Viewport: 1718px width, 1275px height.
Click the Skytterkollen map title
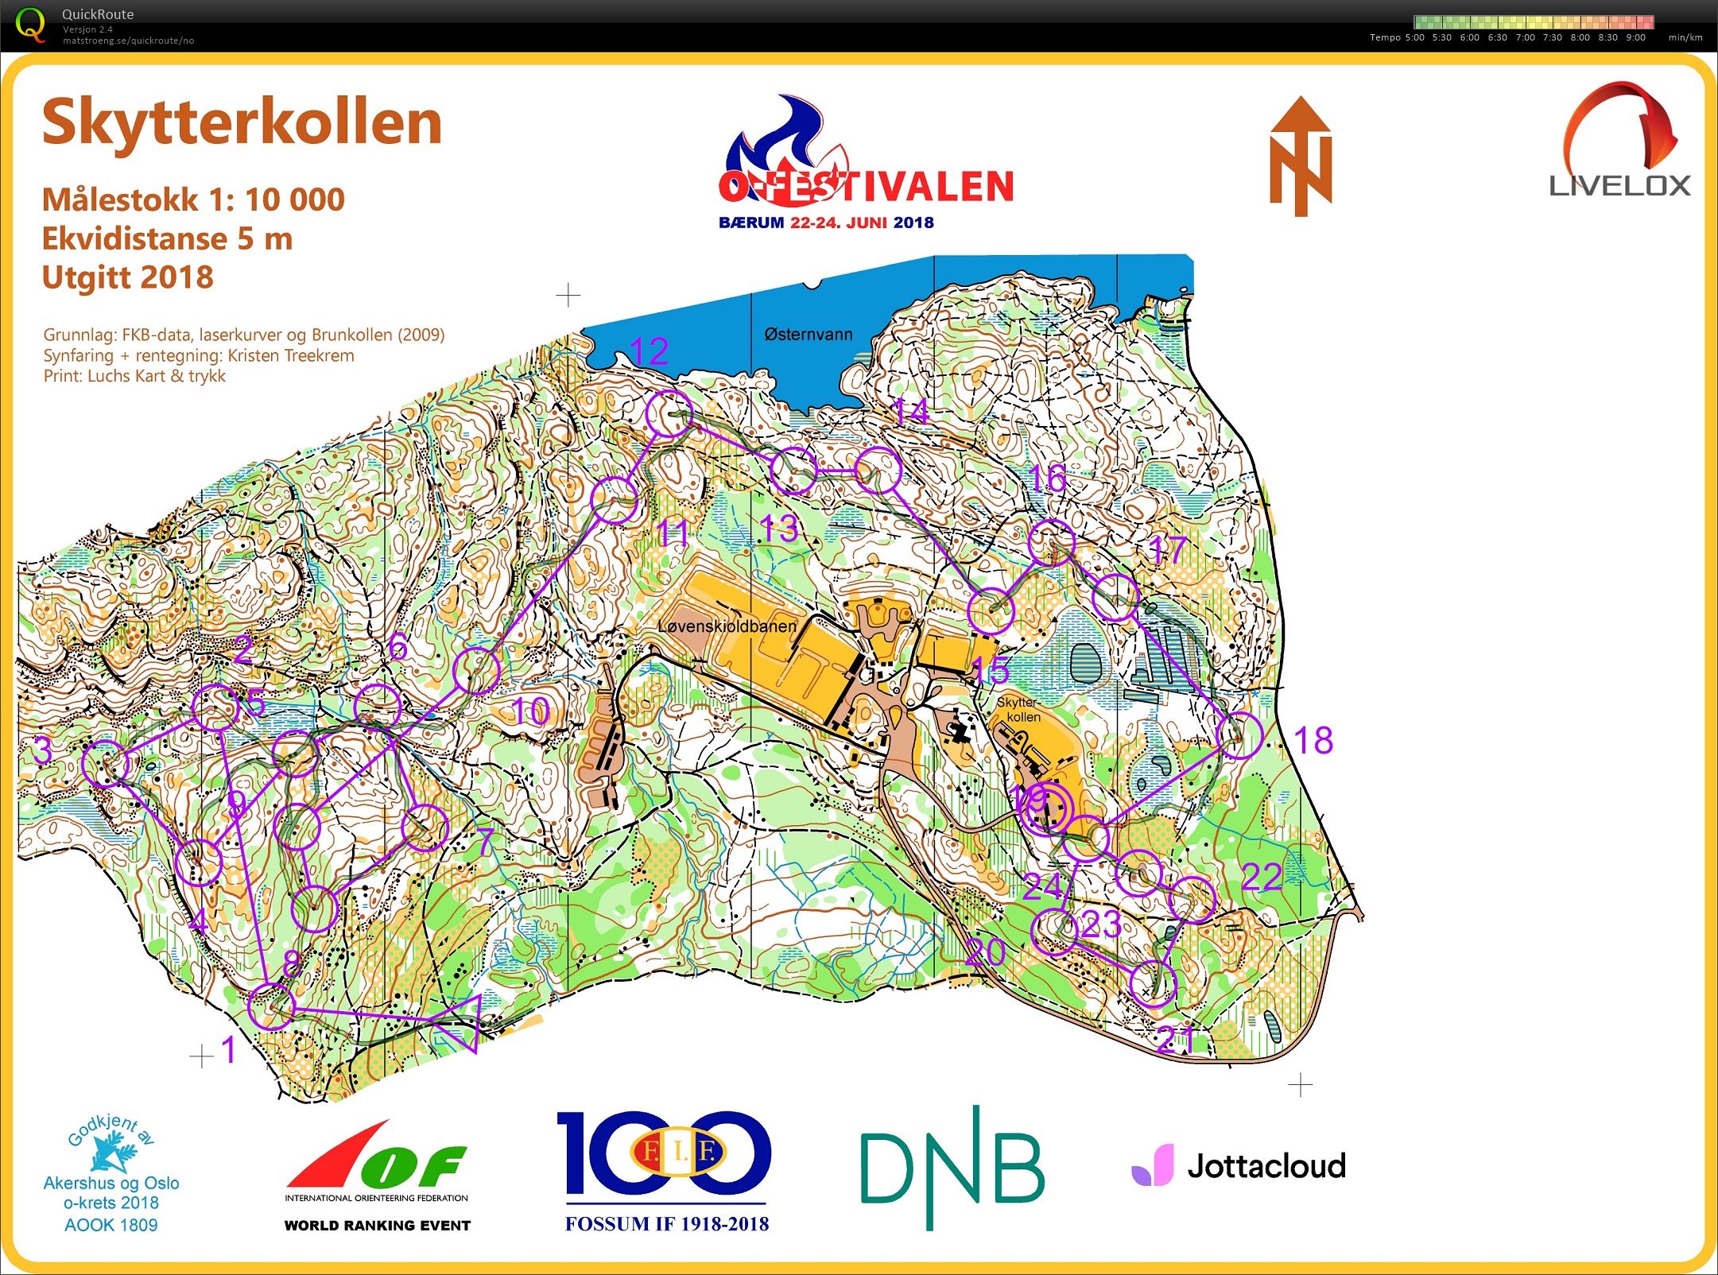click(x=242, y=123)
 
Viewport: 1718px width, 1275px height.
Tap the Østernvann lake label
click(x=808, y=335)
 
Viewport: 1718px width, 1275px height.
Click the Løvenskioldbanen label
click(x=727, y=626)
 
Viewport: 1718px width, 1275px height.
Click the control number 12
click(x=649, y=351)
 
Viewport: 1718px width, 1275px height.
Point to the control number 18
click(x=1313, y=741)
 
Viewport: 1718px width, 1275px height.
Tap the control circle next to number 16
click(x=1051, y=543)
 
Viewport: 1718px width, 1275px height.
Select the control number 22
click(x=1262, y=877)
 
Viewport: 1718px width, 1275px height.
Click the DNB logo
click(x=952, y=1166)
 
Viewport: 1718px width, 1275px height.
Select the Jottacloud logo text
click(x=1266, y=1166)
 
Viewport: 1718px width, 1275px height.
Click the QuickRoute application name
click(x=98, y=14)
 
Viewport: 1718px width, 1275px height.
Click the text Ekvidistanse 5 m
click(x=167, y=238)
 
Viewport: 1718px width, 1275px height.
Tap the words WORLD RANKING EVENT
click(x=378, y=1225)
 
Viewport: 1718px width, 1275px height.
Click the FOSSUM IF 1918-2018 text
click(x=666, y=1223)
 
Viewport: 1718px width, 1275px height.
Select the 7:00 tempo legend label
click(x=1525, y=37)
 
